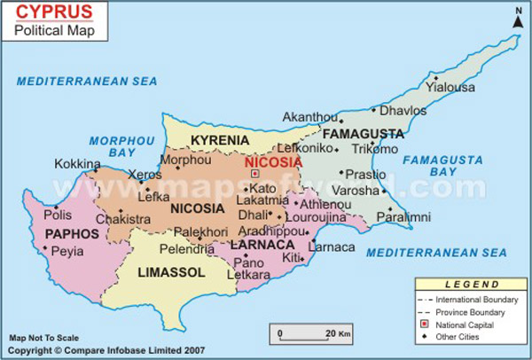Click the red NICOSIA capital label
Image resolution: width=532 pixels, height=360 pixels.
click(x=273, y=162)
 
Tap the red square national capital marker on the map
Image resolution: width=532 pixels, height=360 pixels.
click(x=255, y=174)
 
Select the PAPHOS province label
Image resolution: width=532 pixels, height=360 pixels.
click(x=58, y=233)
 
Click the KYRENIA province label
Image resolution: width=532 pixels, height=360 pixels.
click(x=220, y=141)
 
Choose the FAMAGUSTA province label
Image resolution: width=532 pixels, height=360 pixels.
click(x=369, y=134)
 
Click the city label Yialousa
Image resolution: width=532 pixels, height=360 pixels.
click(x=450, y=87)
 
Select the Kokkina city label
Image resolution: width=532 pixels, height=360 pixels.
click(x=77, y=164)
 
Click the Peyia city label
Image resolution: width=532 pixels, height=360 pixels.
click(x=67, y=252)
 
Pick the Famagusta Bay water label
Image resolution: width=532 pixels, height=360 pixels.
click(x=442, y=166)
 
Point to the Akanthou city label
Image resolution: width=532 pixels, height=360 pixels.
click(x=310, y=117)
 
